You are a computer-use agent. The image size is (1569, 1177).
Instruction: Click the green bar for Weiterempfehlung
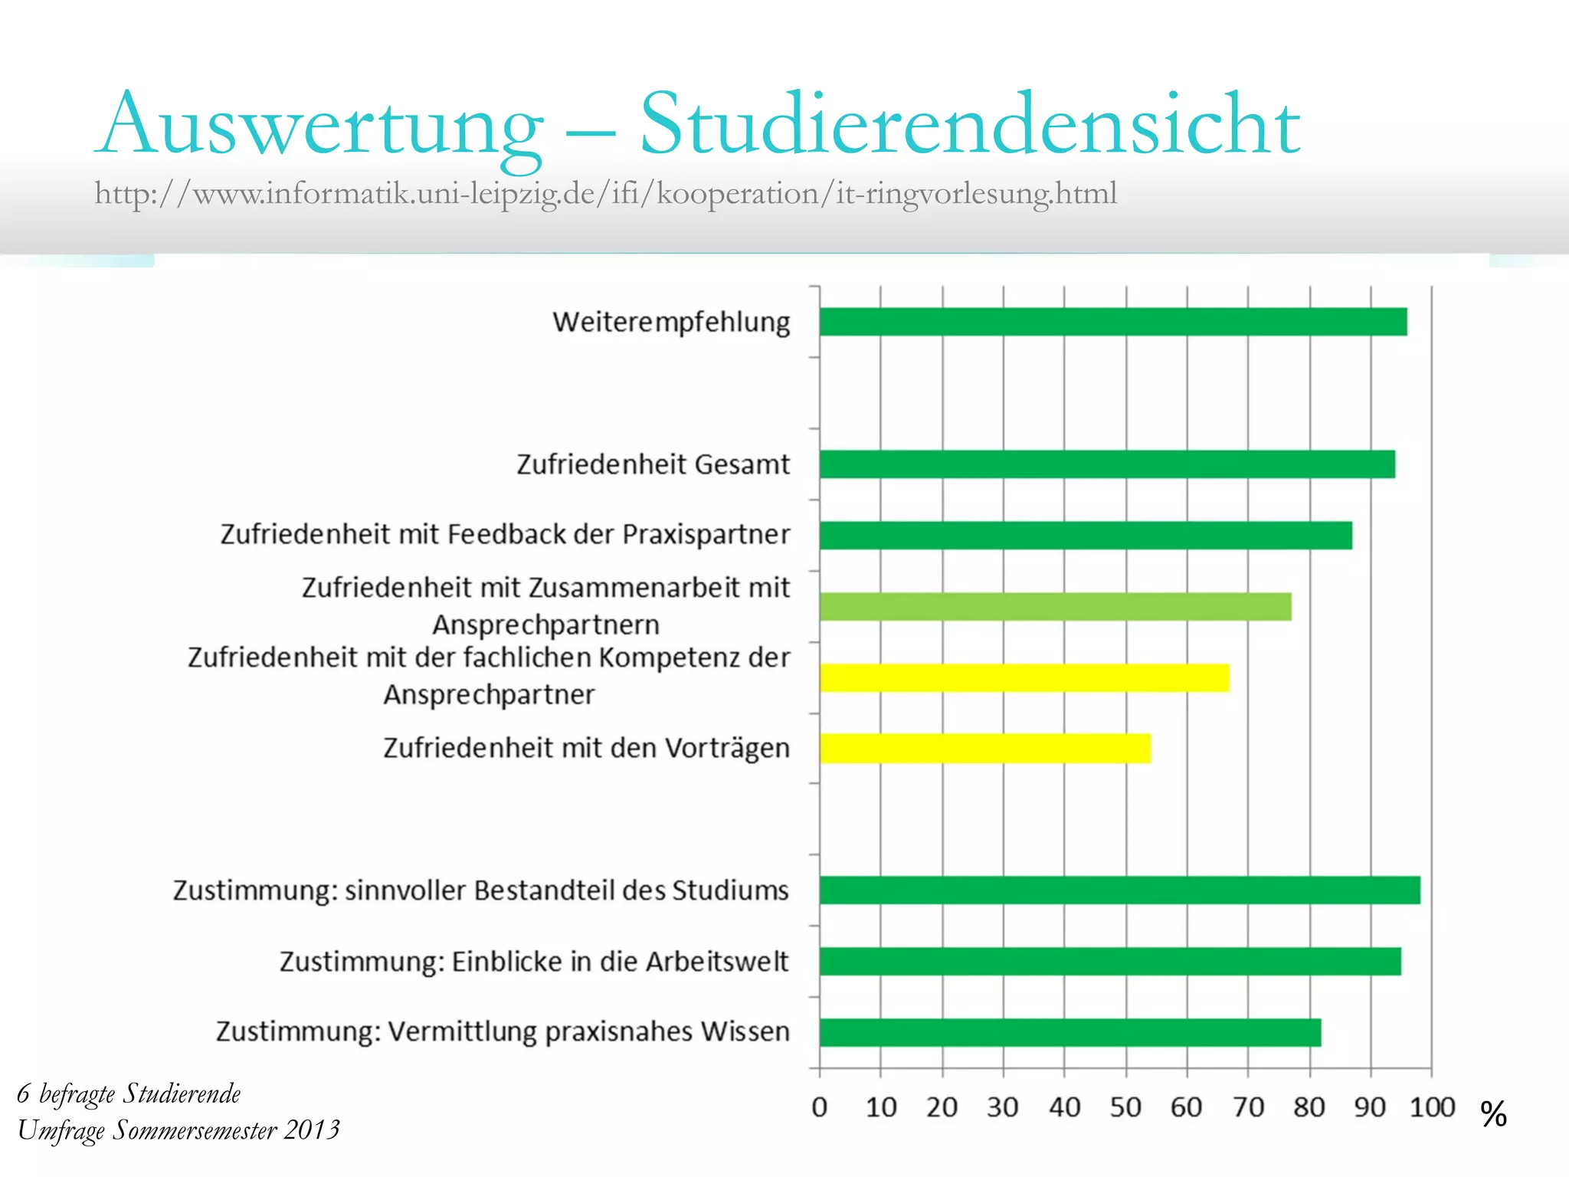coord(1112,322)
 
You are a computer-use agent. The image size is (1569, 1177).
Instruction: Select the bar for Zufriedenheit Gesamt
coord(1107,464)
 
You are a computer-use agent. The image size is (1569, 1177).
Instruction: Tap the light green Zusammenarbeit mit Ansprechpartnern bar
coord(1055,607)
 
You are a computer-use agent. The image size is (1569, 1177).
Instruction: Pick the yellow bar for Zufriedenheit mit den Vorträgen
coord(984,748)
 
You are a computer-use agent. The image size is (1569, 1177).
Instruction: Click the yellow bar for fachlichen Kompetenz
coord(1024,678)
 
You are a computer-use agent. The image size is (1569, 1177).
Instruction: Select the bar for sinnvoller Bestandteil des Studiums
coord(1119,890)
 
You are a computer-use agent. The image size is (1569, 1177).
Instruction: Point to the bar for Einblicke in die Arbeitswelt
coord(1110,962)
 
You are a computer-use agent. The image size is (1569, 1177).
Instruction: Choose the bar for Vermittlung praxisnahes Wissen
coord(1069,1032)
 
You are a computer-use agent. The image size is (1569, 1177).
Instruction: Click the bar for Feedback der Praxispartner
coord(1086,536)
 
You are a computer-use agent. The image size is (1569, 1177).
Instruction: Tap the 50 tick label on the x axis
coord(1125,1107)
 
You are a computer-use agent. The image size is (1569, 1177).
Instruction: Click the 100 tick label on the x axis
coord(1431,1107)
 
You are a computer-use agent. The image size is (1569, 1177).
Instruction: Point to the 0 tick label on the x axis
coord(819,1107)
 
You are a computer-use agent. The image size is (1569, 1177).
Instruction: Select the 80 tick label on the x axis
coord(1309,1107)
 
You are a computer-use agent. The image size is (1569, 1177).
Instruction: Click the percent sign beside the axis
coord(1493,1113)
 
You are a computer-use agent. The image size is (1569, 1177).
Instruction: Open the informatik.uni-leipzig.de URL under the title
coord(605,193)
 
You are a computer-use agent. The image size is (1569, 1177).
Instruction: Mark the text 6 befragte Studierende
coord(129,1094)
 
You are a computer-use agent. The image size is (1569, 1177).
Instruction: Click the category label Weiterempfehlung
coord(671,322)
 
